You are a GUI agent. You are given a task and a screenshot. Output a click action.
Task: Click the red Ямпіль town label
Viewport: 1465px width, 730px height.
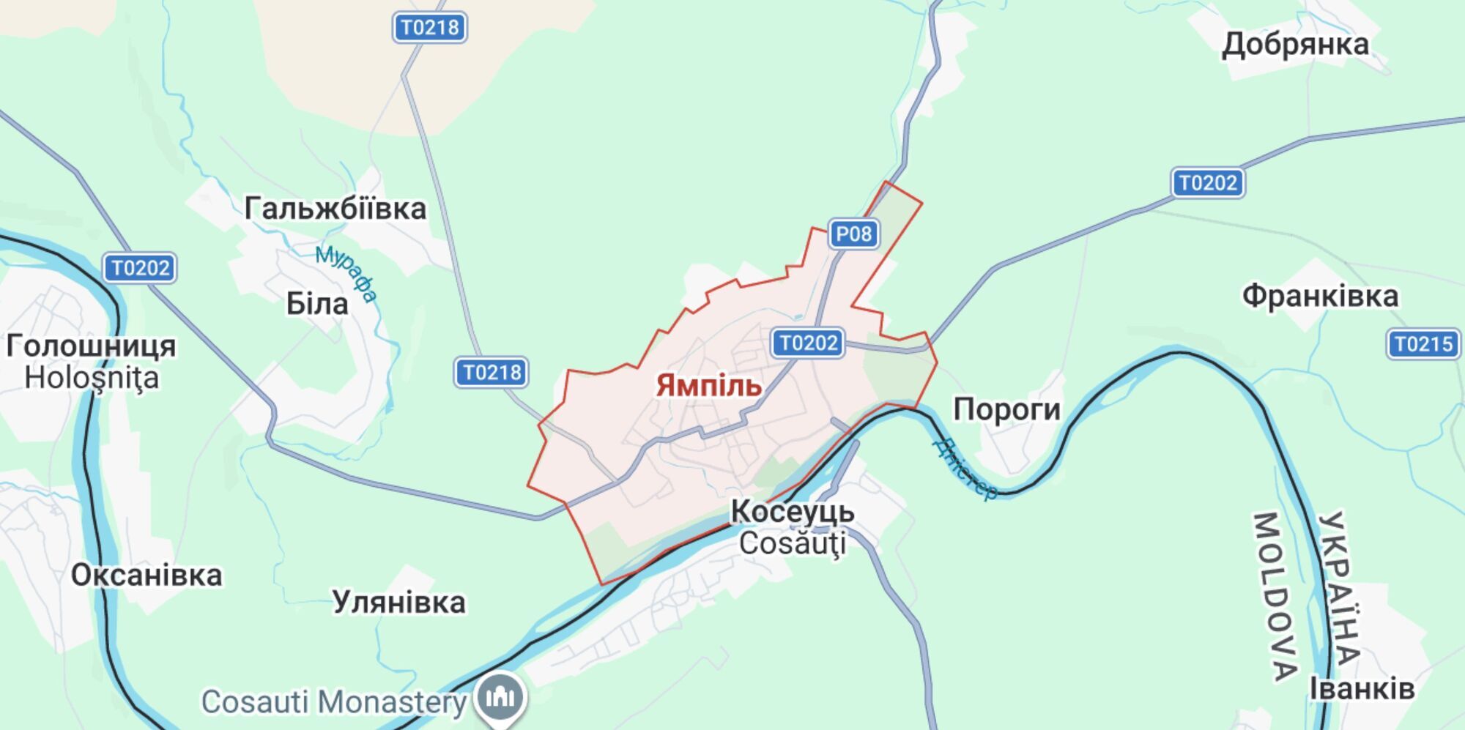(x=708, y=386)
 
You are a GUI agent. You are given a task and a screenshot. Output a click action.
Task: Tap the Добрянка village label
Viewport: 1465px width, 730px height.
(x=1295, y=45)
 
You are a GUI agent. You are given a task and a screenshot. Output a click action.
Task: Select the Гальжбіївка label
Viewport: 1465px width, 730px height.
(x=335, y=209)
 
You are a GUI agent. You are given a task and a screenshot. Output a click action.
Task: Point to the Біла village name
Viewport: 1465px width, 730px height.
(x=316, y=304)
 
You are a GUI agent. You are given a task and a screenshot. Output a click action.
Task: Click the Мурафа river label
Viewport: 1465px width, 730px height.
(x=346, y=273)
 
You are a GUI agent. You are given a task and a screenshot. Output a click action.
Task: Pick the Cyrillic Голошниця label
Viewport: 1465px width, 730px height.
(x=91, y=346)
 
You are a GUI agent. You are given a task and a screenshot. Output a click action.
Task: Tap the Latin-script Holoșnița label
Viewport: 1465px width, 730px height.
(x=92, y=379)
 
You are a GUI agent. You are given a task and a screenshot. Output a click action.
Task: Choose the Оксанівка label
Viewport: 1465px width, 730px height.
(x=146, y=576)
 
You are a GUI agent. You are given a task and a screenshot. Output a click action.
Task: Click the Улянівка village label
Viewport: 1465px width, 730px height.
(x=398, y=603)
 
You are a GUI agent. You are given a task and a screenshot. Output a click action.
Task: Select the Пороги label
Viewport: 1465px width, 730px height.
(x=1006, y=410)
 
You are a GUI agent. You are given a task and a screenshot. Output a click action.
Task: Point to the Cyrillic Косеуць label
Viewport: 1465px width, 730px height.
(x=793, y=512)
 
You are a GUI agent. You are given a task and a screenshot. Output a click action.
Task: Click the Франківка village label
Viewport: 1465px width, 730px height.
(x=1320, y=297)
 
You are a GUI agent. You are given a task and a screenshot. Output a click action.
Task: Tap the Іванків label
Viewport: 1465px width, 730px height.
(x=1362, y=689)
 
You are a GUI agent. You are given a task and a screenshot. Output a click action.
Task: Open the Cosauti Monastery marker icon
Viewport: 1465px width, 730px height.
(x=500, y=698)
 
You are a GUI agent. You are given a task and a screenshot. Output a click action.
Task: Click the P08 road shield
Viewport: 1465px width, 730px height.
(x=853, y=234)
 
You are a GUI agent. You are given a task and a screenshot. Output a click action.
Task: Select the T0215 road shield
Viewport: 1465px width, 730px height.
(x=1423, y=344)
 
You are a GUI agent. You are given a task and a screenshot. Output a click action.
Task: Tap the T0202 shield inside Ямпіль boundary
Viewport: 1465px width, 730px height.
(x=808, y=343)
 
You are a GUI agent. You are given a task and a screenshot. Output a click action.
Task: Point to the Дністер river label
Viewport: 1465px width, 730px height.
(x=966, y=469)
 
